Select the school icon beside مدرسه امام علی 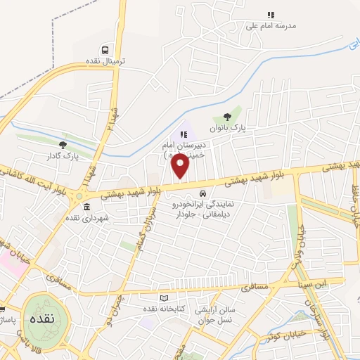(x=270, y=15)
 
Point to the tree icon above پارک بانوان (x=226, y=117)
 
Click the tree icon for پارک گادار (x=63, y=144)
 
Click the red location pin (x=180, y=167)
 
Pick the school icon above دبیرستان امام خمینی (x=184, y=134)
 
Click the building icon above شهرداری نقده (x=86, y=207)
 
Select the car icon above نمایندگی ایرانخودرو (x=203, y=193)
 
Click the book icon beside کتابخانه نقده (x=165, y=298)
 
